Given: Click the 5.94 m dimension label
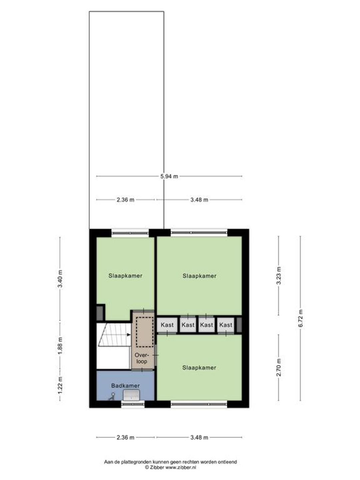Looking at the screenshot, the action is pyautogui.click(x=169, y=176).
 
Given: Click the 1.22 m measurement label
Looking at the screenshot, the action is pyautogui.click(x=60, y=385).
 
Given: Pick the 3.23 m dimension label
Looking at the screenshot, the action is pyautogui.click(x=279, y=276).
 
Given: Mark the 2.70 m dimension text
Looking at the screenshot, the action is pyautogui.click(x=279, y=367).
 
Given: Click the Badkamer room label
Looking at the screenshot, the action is pyautogui.click(x=125, y=386).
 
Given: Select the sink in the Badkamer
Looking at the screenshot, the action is pyautogui.click(x=131, y=395).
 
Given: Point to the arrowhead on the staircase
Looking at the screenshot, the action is pyautogui.click(x=129, y=335).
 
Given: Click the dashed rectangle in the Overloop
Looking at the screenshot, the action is pyautogui.click(x=144, y=332).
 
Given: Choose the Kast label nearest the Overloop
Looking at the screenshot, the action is pyautogui.click(x=167, y=325).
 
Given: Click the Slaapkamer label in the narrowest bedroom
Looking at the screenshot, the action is pyautogui.click(x=125, y=276).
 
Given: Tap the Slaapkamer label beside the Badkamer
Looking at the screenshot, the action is pyautogui.click(x=199, y=368).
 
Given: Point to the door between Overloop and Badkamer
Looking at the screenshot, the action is pyautogui.click(x=142, y=370).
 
